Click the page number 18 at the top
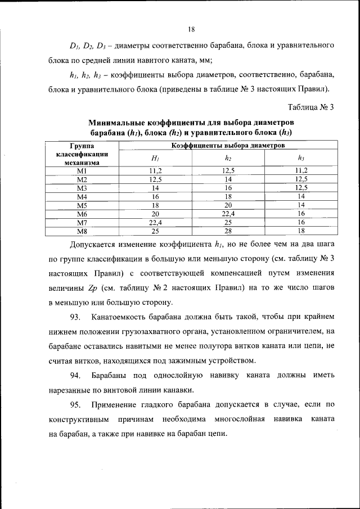coord(191,29)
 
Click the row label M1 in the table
coord(82,170)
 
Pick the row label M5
coord(82,205)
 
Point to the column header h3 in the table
coord(301,158)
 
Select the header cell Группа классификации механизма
coord(82,154)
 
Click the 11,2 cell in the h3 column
coord(301,170)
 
